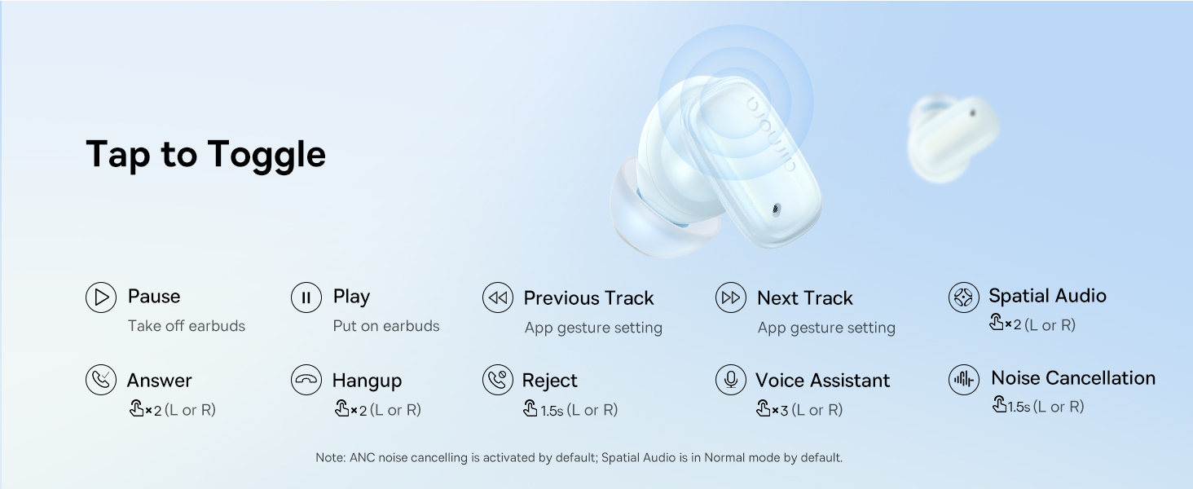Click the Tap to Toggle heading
click(x=205, y=154)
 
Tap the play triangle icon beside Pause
click(x=101, y=297)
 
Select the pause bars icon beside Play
click(x=306, y=297)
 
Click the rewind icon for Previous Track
click(x=497, y=298)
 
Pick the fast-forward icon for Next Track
click(x=731, y=298)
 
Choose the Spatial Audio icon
click(x=964, y=297)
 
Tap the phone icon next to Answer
click(x=101, y=381)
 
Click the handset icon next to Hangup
click(x=306, y=381)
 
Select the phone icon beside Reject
click(x=497, y=381)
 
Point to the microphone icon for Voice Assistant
click(x=731, y=381)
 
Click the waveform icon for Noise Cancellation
click(x=964, y=380)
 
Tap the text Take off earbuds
click(x=186, y=326)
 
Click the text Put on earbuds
click(x=385, y=326)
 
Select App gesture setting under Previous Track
click(x=593, y=328)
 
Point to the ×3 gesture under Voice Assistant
click(x=773, y=410)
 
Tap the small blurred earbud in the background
click(x=952, y=137)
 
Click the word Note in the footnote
click(x=329, y=458)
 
